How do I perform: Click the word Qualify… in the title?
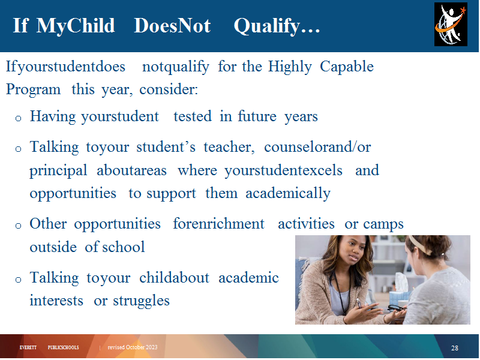(x=277, y=26)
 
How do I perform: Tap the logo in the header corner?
(x=451, y=24)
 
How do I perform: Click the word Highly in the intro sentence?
(x=290, y=67)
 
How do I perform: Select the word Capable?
(x=347, y=67)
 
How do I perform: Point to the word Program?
(x=34, y=89)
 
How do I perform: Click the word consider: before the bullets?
(x=169, y=89)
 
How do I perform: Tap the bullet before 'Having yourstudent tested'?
(x=18, y=118)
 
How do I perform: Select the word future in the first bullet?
(x=257, y=116)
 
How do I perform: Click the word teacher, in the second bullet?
(x=229, y=147)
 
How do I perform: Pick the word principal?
(x=58, y=171)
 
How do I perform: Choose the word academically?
(x=288, y=194)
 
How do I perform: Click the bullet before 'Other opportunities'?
(x=18, y=226)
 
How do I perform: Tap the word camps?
(x=383, y=224)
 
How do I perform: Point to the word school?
(x=124, y=247)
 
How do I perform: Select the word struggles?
(x=141, y=301)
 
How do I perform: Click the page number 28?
(x=455, y=348)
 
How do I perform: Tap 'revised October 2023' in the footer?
(x=132, y=347)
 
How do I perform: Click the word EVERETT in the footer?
(x=28, y=347)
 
